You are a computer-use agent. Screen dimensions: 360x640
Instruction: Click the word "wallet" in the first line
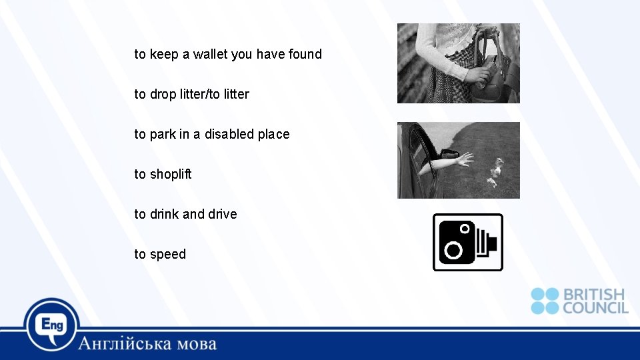[210, 54]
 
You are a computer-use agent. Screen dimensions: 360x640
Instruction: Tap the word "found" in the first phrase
[305, 54]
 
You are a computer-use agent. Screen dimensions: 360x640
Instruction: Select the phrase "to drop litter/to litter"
[191, 94]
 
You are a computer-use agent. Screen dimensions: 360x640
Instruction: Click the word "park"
[163, 134]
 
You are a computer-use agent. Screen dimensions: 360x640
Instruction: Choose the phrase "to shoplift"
[163, 174]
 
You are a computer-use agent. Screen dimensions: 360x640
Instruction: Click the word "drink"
[164, 214]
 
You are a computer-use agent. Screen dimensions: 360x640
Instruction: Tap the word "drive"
[223, 214]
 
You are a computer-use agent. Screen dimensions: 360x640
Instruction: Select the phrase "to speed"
[160, 254]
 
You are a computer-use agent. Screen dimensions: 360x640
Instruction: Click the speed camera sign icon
[467, 242]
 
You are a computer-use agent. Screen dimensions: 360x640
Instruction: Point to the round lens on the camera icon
[454, 250]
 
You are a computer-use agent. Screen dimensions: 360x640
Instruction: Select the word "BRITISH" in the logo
[595, 294]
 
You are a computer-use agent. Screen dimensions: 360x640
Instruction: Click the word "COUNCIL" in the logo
[595, 307]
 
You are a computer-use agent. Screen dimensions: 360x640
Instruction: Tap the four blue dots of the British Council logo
[545, 301]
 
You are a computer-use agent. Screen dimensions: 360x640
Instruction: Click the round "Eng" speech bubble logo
[52, 325]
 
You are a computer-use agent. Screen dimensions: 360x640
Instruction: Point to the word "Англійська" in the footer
[125, 344]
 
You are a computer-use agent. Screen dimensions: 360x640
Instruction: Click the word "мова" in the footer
[197, 344]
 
